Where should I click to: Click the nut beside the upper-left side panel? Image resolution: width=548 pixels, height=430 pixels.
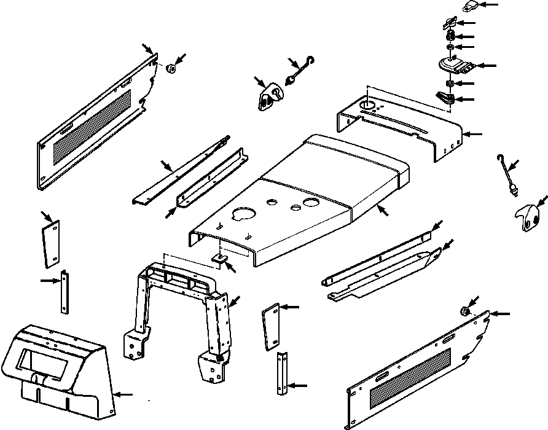pos(171,68)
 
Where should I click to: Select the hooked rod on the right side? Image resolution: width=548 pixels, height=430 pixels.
pos(507,175)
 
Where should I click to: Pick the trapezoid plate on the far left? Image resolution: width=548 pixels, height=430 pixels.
pos(51,243)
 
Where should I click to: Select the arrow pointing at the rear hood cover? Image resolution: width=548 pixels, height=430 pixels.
pos(474,133)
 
